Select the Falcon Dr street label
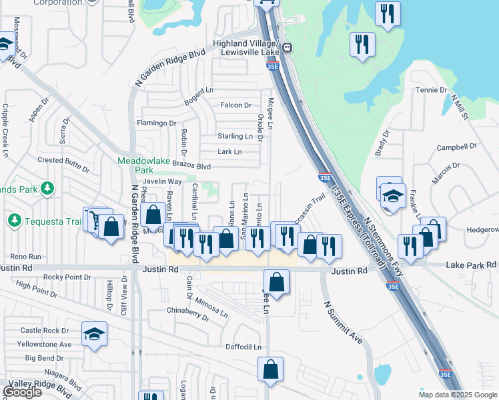coord(236,105)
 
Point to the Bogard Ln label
coord(198,89)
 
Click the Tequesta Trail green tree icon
coord(14,219)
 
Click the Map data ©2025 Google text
coord(458,395)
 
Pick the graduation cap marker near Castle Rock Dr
coord(94,333)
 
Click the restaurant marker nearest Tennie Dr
coord(362,45)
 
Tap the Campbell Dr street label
coord(455,147)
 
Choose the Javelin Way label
coord(163,181)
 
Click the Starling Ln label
coord(235,137)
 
